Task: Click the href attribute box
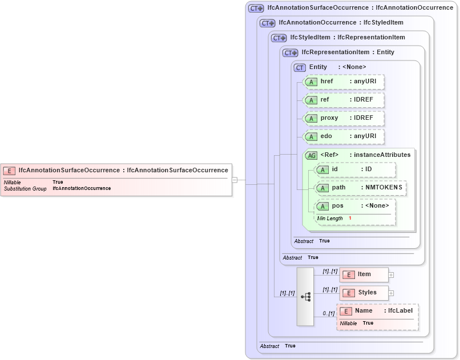(x=344, y=82)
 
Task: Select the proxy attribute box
(x=344, y=118)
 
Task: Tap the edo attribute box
(x=344, y=137)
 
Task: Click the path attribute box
(x=361, y=188)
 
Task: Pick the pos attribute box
(x=355, y=206)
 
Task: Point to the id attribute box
(x=355, y=169)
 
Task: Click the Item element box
(x=364, y=274)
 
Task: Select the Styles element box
(x=364, y=293)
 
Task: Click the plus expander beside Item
(x=391, y=275)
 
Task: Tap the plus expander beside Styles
(x=391, y=293)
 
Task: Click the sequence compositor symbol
(x=305, y=297)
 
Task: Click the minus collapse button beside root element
(x=235, y=180)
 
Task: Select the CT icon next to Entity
(x=300, y=67)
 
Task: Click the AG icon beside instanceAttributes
(x=312, y=155)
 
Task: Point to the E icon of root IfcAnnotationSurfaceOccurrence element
(x=9, y=170)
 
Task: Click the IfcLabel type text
(x=400, y=311)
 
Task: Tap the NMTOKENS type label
(x=384, y=188)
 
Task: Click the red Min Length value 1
(x=350, y=219)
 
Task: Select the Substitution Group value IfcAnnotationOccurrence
(x=82, y=188)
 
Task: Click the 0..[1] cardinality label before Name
(x=328, y=313)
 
